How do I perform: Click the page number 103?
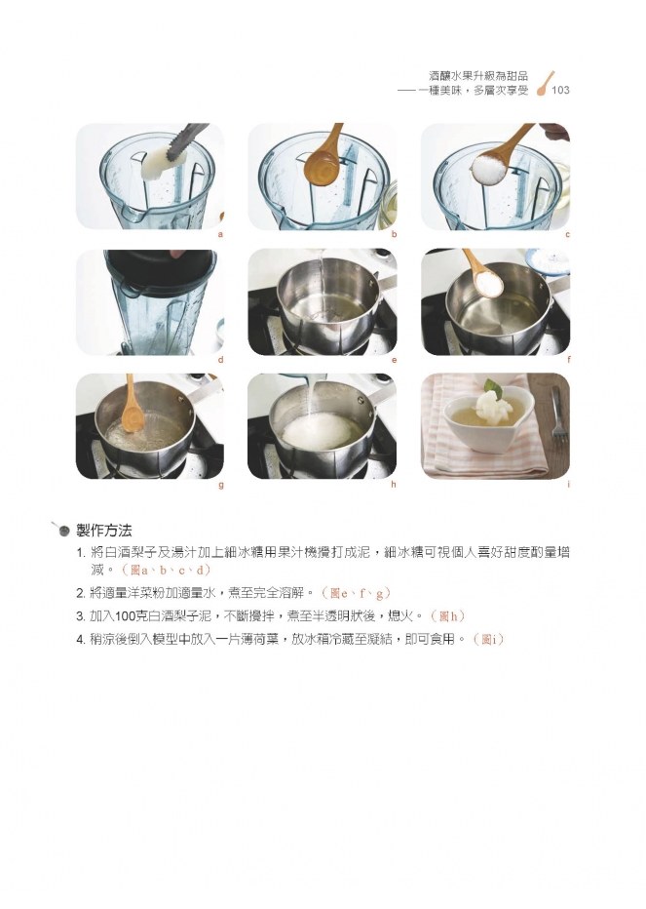point(560,90)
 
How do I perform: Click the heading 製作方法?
point(104,530)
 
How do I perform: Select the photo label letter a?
point(220,235)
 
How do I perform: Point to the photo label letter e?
point(394,360)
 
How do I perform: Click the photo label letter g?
point(221,486)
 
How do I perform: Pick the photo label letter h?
point(394,485)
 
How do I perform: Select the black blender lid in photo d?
point(160,271)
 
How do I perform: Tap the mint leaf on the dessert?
point(493,385)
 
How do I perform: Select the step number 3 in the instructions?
point(81,616)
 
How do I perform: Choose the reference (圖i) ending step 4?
point(488,640)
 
